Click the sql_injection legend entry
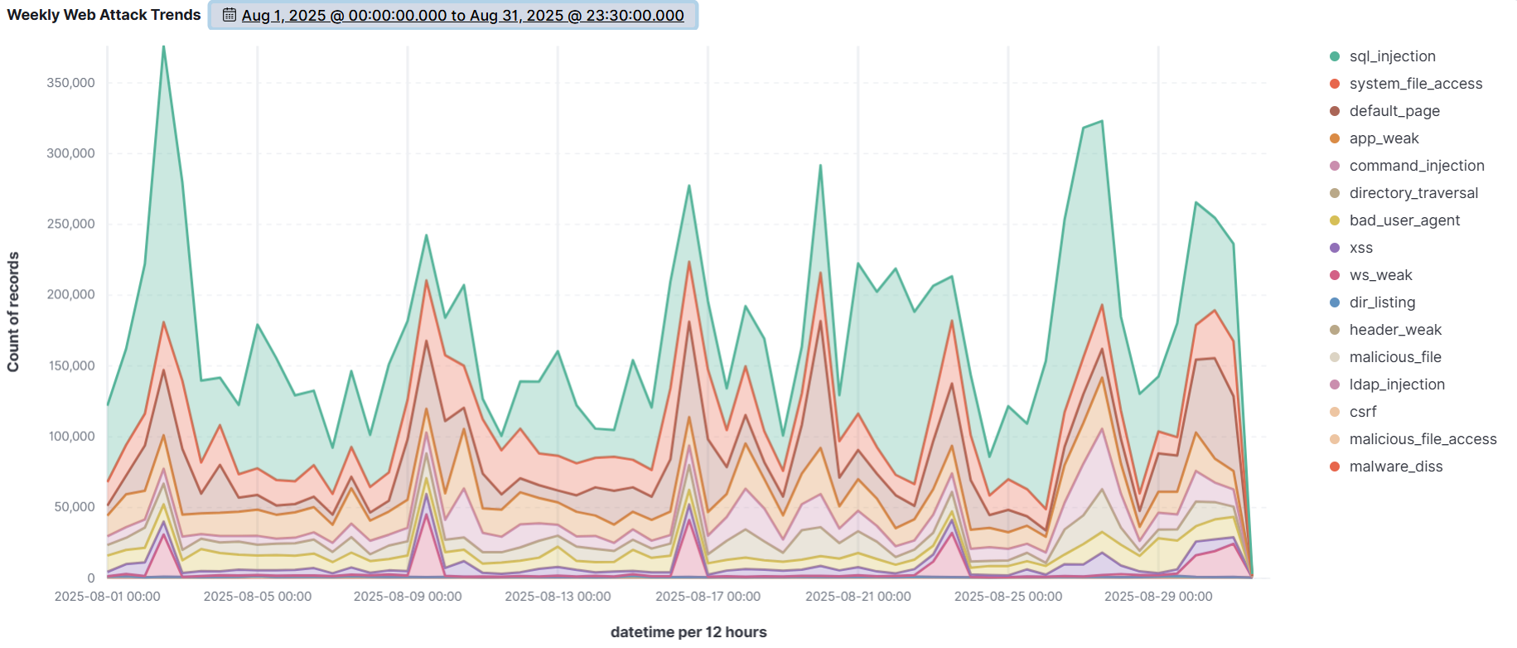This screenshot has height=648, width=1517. (1392, 56)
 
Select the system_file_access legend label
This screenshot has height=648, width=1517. (1415, 84)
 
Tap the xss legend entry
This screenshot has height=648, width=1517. (1360, 248)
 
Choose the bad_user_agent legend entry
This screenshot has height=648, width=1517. (1404, 220)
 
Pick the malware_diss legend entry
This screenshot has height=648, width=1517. (1395, 467)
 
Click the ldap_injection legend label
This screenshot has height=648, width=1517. (1397, 384)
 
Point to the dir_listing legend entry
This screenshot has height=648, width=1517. (1382, 302)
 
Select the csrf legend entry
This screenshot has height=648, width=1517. (1362, 412)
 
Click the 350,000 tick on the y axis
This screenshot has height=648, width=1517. (70, 83)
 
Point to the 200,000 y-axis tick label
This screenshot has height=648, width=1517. (70, 294)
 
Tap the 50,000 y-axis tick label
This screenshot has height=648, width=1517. (74, 507)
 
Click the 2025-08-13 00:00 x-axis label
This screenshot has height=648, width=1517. (558, 597)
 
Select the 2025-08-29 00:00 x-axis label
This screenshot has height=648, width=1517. (1157, 597)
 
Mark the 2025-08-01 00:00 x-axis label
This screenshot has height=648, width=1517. (108, 597)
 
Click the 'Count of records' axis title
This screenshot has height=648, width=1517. (13, 312)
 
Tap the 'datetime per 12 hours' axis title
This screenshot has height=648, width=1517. (688, 632)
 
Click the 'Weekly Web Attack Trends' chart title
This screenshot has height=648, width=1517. (104, 15)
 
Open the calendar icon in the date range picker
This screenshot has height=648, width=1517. (229, 15)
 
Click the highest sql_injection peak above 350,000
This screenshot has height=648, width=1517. (163, 47)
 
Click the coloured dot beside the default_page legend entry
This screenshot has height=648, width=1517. (1334, 111)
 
